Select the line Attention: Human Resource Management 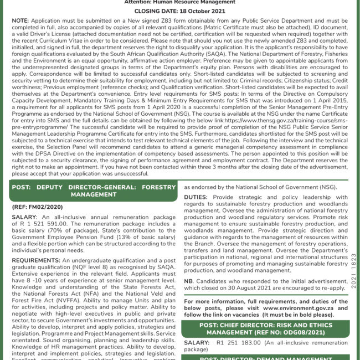click(180, 3)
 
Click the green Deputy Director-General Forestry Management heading click(93, 191)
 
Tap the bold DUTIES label click(197, 197)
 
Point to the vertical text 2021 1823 click(353, 271)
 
